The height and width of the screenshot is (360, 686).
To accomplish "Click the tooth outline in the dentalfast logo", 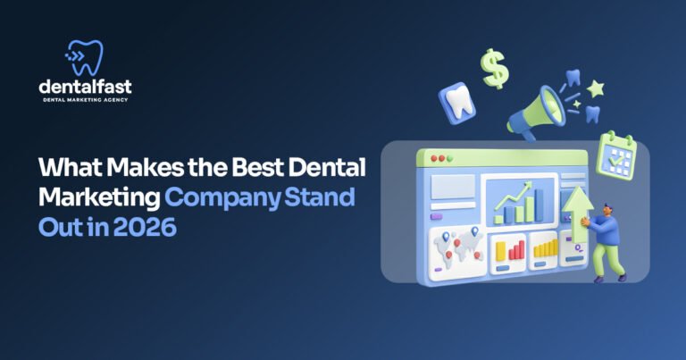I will point(88,56).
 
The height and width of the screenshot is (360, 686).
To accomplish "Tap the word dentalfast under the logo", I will point(86,88).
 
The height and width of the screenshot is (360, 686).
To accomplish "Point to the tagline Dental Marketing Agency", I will point(86,100).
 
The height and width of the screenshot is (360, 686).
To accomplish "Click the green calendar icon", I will point(615,155).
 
